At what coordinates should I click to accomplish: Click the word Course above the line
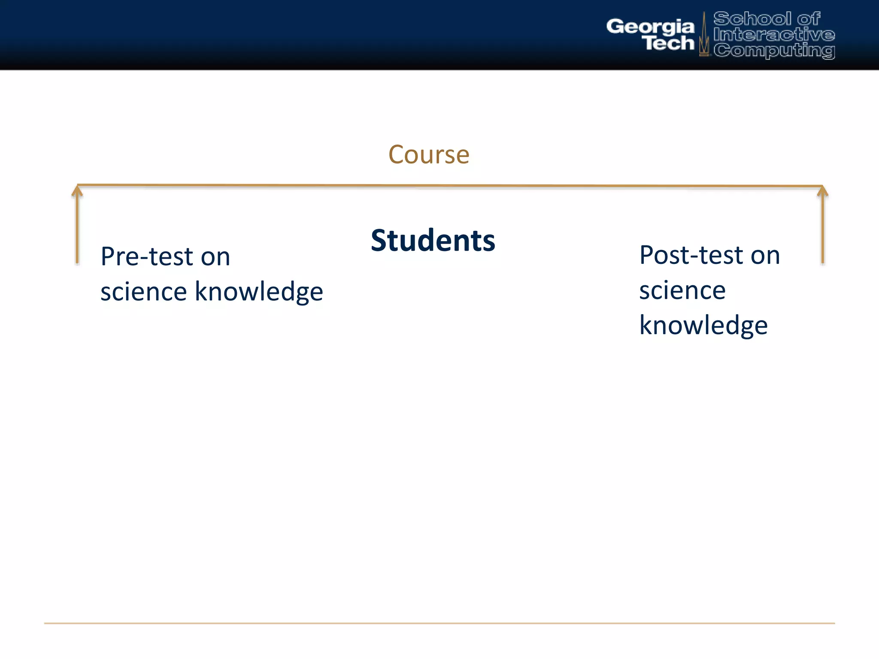429,154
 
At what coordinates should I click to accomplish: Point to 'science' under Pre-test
144,292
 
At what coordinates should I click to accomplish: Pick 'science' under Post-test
682,290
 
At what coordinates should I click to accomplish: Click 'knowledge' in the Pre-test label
259,292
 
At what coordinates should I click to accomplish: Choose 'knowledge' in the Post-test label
703,325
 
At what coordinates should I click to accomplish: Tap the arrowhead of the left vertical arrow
77,190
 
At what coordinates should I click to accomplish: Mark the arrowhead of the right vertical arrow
822,190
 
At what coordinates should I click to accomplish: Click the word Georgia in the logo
650,27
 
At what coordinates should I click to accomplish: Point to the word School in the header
752,19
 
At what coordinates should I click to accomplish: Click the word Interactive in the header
774,35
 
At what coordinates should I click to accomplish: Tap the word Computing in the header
774,51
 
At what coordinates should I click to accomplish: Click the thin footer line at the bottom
439,623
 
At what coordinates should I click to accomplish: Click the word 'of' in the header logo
809,19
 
